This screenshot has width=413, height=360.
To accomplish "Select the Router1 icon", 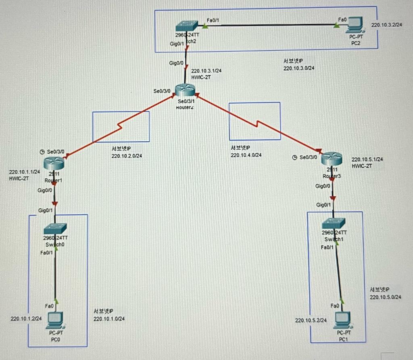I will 54,162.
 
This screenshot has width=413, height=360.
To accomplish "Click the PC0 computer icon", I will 56,320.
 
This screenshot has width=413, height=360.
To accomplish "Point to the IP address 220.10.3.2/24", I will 386,25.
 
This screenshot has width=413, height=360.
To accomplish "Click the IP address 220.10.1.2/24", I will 26,318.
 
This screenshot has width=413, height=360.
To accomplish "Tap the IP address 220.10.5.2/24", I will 311,320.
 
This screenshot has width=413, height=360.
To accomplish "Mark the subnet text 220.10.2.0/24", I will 127,156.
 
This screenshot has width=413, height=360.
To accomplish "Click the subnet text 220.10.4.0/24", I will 246,155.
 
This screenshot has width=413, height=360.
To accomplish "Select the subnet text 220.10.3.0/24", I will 299,68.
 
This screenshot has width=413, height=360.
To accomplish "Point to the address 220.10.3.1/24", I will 206,71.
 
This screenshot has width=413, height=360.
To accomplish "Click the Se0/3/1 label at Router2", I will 186,101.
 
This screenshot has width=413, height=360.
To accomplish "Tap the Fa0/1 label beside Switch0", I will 46,253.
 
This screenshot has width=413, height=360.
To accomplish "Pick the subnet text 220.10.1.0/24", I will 109,319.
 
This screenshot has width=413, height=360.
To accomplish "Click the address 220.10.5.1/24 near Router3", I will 367,159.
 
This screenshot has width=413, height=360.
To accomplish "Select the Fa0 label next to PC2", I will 342,19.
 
